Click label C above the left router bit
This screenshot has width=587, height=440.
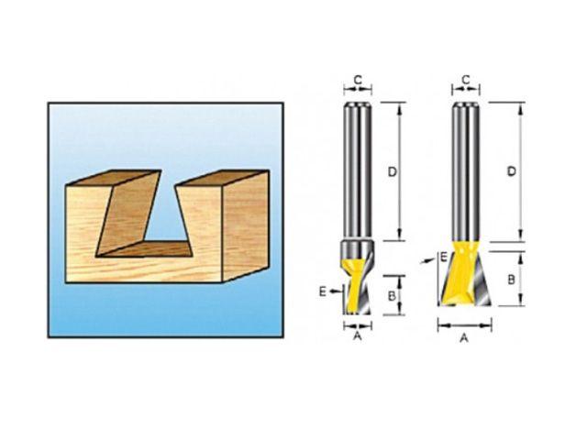click(x=358, y=78)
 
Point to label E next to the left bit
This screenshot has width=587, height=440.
click(x=322, y=291)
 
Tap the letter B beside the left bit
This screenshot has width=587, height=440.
click(x=392, y=295)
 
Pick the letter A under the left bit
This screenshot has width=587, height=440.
click(x=358, y=336)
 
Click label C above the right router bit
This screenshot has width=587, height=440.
click(x=466, y=80)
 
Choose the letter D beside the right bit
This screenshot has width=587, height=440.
click(x=511, y=171)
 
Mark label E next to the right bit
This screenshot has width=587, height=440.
click(x=444, y=258)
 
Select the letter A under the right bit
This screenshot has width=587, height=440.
click(x=464, y=337)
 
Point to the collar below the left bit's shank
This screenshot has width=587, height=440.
click(x=358, y=248)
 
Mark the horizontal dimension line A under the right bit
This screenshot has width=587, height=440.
click(x=465, y=325)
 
